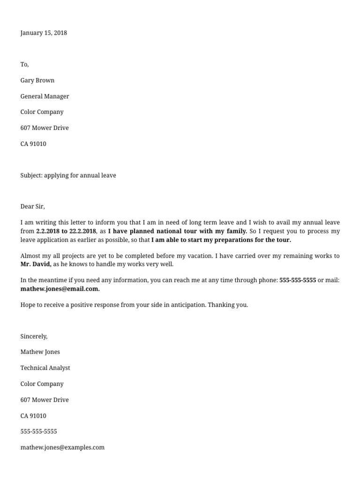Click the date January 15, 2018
[x=44, y=33]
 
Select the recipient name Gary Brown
[x=37, y=80]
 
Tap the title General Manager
[x=45, y=96]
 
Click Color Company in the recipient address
[x=42, y=112]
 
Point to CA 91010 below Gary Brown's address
[x=33, y=144]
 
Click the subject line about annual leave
[x=68, y=175]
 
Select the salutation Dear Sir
[x=32, y=206]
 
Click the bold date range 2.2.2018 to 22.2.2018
[x=66, y=231]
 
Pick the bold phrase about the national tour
[x=178, y=231]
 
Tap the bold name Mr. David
[x=36, y=264]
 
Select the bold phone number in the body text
[x=298, y=280]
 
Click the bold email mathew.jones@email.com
[x=60, y=289]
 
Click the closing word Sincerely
[x=34, y=336]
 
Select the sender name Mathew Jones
[x=40, y=352]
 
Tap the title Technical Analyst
[x=45, y=368]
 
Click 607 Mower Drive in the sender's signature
[x=45, y=400]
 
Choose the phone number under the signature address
[x=38, y=431]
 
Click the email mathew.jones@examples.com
[x=62, y=447]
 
